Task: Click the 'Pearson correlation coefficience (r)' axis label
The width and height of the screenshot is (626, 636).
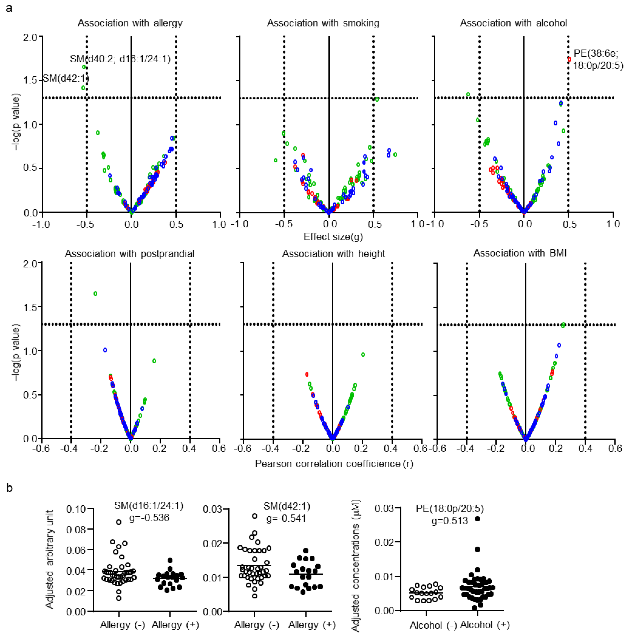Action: coord(334,464)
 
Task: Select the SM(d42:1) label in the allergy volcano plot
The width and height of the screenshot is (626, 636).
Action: coord(66,79)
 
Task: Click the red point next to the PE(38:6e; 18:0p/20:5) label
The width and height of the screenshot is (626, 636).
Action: coord(569,59)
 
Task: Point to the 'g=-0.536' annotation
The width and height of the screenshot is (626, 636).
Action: coord(149,518)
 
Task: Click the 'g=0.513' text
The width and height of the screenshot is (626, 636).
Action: coord(450,521)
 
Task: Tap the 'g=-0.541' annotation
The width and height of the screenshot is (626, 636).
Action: coord(286,518)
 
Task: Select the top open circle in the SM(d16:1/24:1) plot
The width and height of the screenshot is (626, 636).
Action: coord(119,522)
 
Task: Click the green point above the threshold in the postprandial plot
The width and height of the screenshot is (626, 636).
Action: coord(95,293)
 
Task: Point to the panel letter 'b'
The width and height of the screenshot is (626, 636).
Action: coord(9,488)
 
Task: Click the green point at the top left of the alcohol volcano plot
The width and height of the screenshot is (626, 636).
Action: coord(468,94)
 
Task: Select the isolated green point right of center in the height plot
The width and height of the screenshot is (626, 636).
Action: coord(363,354)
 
